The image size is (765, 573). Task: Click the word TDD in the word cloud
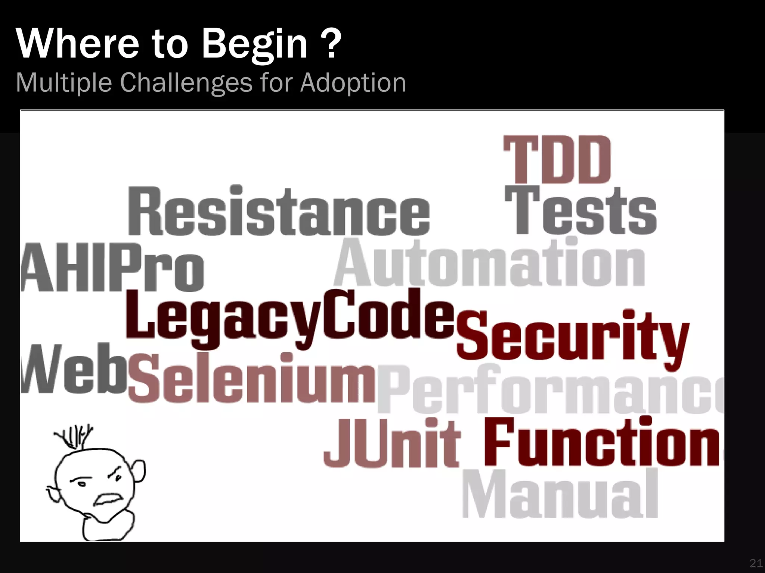[x=557, y=159]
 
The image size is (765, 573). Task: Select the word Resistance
[x=279, y=211]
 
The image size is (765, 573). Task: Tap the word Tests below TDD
[x=581, y=211]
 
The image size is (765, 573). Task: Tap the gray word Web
[x=73, y=369]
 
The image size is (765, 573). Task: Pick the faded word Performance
[x=549, y=390]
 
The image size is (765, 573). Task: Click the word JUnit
[x=391, y=444]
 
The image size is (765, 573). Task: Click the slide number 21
[x=755, y=563]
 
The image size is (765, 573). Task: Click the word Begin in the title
[x=254, y=45]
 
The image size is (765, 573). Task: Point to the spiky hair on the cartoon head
[x=75, y=438]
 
